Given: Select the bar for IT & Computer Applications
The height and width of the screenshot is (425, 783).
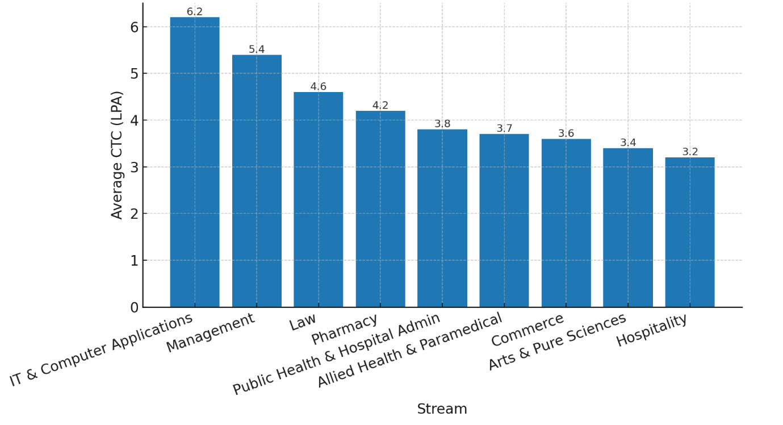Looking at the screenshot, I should [x=195, y=162].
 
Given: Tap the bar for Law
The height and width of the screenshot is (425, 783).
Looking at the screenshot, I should [x=318, y=199].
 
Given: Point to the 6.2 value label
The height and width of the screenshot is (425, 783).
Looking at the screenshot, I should [x=195, y=12].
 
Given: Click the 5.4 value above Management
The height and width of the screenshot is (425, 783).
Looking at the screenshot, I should [x=257, y=49].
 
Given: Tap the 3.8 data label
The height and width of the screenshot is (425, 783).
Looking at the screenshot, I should [x=442, y=124].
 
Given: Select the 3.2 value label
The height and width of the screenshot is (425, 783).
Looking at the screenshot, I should [x=690, y=152].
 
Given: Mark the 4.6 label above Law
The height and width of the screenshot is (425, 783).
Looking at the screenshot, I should [x=318, y=87].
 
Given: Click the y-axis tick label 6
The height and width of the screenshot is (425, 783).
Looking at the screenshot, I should [x=134, y=27].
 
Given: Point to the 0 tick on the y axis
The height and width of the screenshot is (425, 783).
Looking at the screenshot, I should [x=134, y=307].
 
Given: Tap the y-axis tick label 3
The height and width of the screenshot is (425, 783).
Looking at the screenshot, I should [x=134, y=167].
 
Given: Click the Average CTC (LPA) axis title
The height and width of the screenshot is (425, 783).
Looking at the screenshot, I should [x=117, y=155].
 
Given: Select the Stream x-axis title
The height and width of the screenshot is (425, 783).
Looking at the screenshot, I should [x=442, y=409].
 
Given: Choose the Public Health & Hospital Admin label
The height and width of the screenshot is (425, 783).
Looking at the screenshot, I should [x=337, y=353].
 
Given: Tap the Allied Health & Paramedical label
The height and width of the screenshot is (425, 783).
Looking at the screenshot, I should [x=409, y=350].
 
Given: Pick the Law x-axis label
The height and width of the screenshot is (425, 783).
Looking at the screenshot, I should [x=303, y=323].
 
